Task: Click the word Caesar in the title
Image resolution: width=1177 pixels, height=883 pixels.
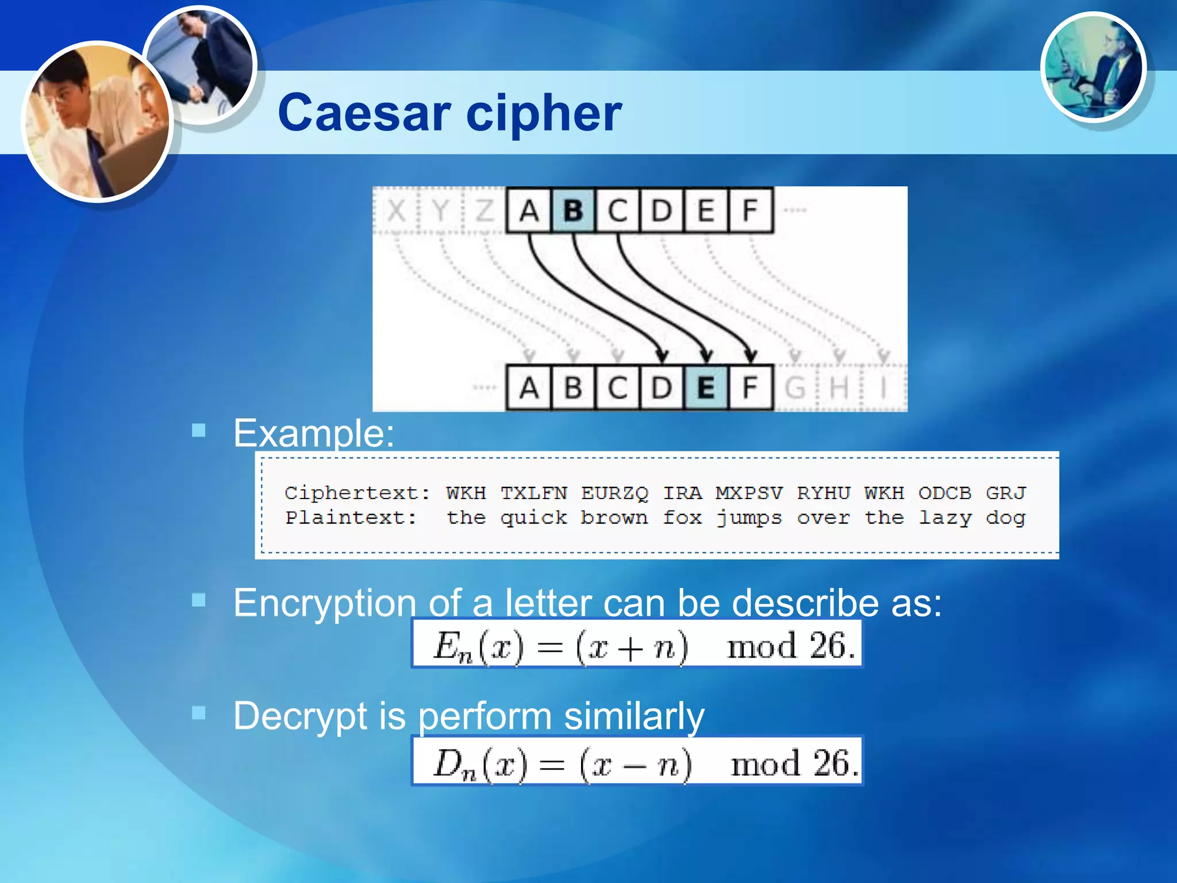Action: [x=364, y=113]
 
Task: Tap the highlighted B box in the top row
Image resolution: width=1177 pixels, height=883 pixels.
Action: [x=573, y=210]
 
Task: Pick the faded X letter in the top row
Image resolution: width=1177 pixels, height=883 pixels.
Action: [x=397, y=210]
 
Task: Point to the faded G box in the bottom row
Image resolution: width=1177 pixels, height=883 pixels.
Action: [x=795, y=388]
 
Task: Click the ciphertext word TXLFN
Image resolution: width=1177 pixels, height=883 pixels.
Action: [x=533, y=493]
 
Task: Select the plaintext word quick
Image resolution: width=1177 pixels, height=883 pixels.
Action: [x=533, y=518]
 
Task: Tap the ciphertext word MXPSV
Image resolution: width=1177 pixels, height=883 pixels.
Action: [x=748, y=493]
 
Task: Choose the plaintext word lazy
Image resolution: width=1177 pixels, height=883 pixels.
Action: [x=945, y=518]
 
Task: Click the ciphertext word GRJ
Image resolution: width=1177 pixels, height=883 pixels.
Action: [x=1005, y=493]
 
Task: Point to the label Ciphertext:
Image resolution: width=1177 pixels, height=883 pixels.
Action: [x=357, y=493]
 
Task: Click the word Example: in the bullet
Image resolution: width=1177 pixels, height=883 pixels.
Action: [x=314, y=433]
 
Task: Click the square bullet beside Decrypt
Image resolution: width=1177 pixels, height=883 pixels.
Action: [x=199, y=713]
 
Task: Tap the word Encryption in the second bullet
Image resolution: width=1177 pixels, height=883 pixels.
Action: [x=325, y=603]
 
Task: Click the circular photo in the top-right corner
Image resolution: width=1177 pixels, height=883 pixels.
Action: [x=1093, y=67]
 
